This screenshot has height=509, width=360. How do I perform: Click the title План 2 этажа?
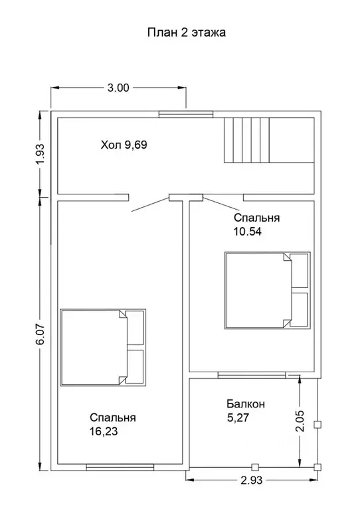(187, 33)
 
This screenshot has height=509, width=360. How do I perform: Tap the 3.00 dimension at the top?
(118, 88)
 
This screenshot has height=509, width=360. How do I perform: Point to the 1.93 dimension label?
(42, 154)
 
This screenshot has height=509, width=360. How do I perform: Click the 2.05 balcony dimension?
(300, 421)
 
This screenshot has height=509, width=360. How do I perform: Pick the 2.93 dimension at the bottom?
(252, 480)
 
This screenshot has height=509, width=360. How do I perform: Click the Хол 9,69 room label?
(124, 145)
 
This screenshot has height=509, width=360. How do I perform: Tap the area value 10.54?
(247, 232)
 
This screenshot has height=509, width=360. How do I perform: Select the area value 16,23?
(104, 431)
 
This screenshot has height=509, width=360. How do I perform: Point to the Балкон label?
(246, 404)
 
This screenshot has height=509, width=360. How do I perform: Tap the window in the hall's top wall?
(186, 114)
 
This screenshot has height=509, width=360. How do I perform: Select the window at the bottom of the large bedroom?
(120, 467)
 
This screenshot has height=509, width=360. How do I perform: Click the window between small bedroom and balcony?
(252, 375)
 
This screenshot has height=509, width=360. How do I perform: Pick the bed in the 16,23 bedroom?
(103, 347)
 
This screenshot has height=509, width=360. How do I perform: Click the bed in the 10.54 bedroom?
(268, 291)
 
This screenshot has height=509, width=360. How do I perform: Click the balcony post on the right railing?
(317, 425)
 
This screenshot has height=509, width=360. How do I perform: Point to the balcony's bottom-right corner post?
(317, 467)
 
